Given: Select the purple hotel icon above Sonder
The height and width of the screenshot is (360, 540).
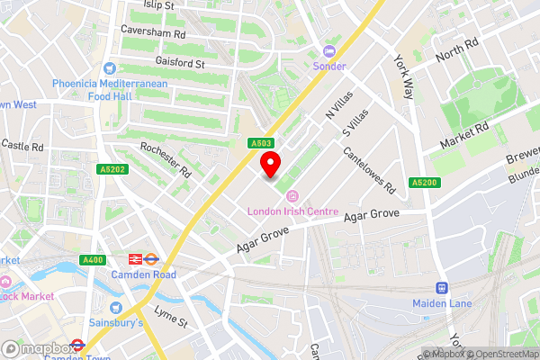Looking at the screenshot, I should (328, 51).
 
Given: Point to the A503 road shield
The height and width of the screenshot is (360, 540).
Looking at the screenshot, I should (261, 142).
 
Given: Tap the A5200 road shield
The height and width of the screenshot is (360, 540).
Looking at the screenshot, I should (425, 183).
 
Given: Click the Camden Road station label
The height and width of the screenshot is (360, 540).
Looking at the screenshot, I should (144, 274).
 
